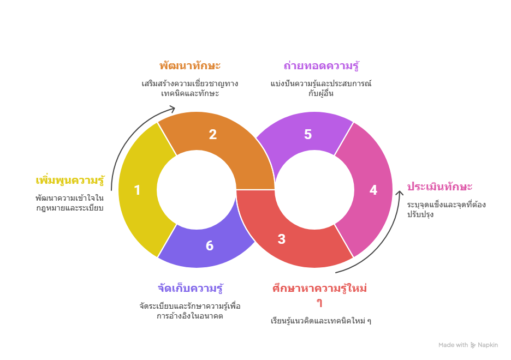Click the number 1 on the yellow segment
pos(137,190)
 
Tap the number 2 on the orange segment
pos(212,135)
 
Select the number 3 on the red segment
pos(281,239)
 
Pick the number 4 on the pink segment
pos(373,190)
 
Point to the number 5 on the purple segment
pos(308,135)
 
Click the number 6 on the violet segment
pos(210,246)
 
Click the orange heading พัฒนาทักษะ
pos(190,66)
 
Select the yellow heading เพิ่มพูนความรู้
pos(70,180)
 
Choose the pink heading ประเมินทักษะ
pos(440,187)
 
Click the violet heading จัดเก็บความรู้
pos(190,288)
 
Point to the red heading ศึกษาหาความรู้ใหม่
pos(319,289)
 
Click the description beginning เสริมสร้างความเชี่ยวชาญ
pos(190,88)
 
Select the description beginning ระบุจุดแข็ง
pos(445,209)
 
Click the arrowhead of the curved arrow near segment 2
pos(173,108)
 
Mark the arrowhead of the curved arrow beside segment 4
pos(400,194)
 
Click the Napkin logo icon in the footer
pos(473,345)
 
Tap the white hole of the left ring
pos(197,190)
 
